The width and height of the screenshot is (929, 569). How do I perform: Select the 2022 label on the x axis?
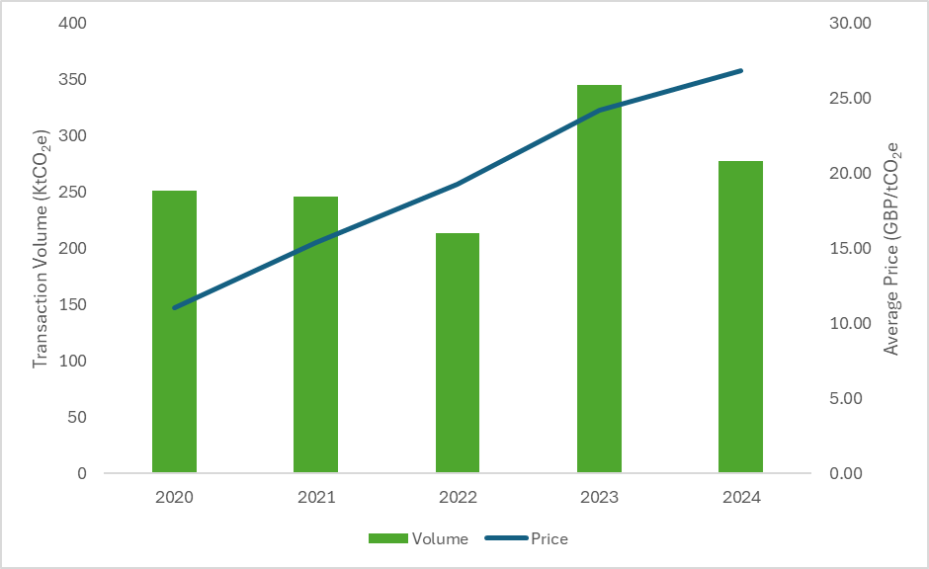click(x=458, y=497)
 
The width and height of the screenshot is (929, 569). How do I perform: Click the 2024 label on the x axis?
click(x=740, y=497)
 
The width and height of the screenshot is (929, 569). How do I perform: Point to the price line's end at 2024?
click(x=740, y=71)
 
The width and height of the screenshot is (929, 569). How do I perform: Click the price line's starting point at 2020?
click(x=175, y=307)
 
